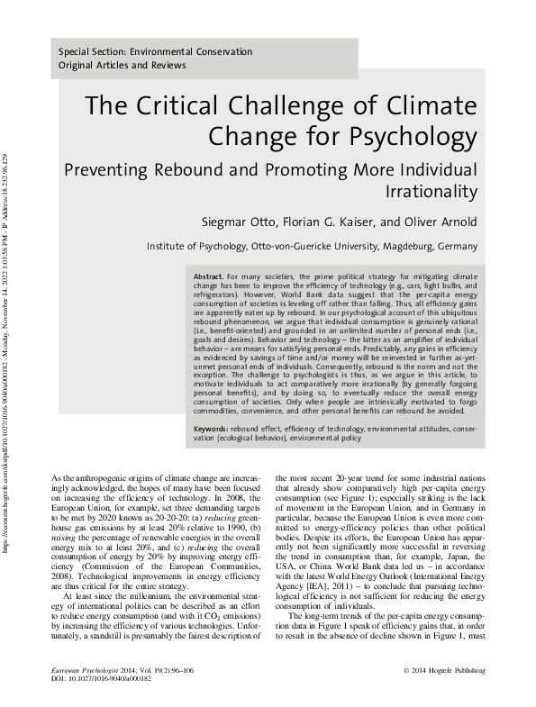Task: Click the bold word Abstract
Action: (x=209, y=274)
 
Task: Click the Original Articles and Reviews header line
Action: (x=122, y=66)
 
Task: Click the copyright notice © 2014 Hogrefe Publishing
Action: (x=444, y=670)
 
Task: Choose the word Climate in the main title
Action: (x=436, y=106)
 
